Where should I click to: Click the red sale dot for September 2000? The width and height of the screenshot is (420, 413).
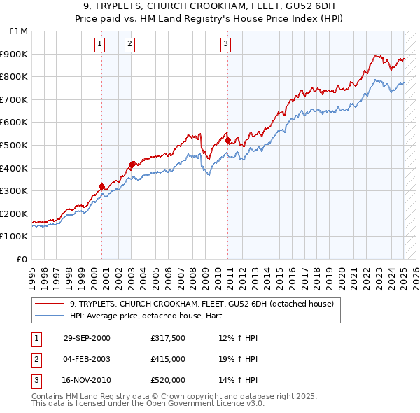pos(102,186)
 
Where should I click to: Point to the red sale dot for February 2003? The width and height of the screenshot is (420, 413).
pos(132,164)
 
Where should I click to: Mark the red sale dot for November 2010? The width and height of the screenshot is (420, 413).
pos(228,141)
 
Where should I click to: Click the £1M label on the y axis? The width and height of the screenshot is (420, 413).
pos(20,31)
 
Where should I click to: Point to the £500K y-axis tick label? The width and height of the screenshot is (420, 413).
pos(15,145)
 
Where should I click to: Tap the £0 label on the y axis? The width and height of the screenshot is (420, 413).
pos(22,259)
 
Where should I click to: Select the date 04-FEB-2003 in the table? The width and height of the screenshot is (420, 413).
pos(87,359)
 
